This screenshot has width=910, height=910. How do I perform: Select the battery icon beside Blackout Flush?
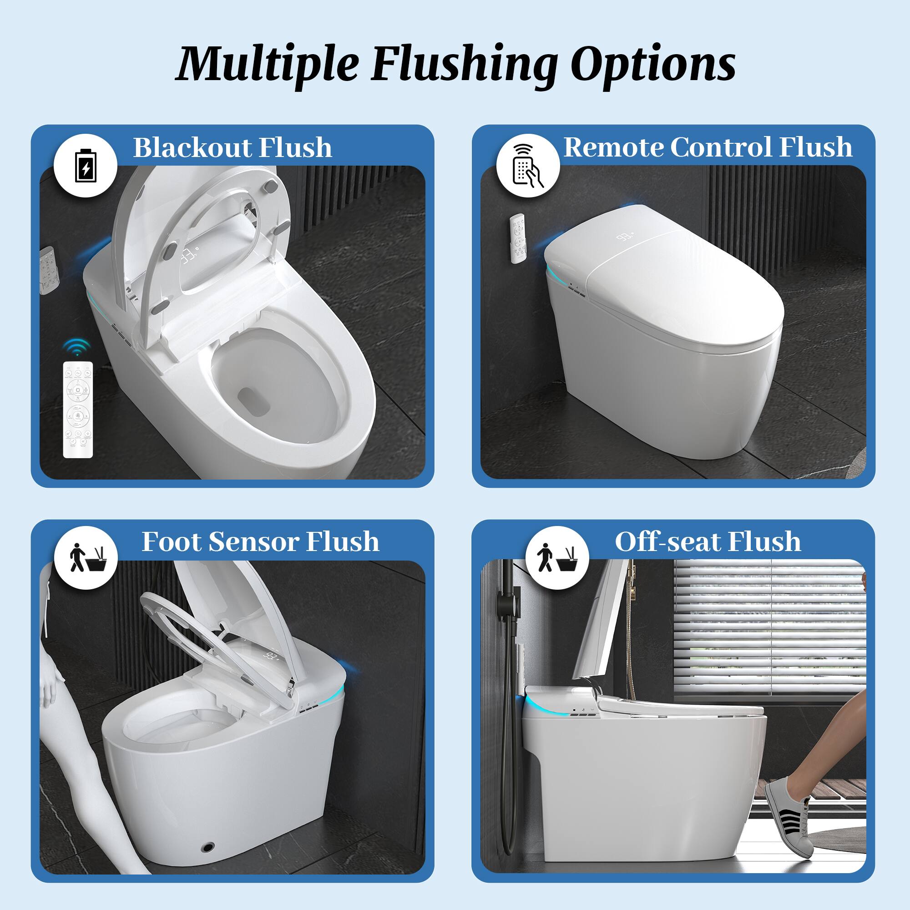(x=85, y=165)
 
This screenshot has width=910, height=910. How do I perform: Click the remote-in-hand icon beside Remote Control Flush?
(x=527, y=165)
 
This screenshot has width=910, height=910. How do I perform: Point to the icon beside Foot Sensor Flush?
(x=85, y=558)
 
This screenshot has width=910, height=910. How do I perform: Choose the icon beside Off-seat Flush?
(x=557, y=558)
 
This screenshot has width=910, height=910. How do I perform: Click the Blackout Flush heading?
(x=232, y=147)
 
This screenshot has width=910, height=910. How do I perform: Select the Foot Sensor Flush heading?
(x=260, y=541)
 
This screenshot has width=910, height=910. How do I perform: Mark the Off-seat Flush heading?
(x=708, y=541)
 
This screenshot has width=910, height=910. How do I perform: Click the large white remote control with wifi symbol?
(x=78, y=409)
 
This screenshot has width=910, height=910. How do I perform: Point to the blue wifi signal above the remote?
(x=77, y=346)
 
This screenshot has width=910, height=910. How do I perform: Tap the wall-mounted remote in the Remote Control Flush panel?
(x=518, y=238)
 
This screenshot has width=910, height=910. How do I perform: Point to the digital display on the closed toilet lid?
(x=624, y=237)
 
